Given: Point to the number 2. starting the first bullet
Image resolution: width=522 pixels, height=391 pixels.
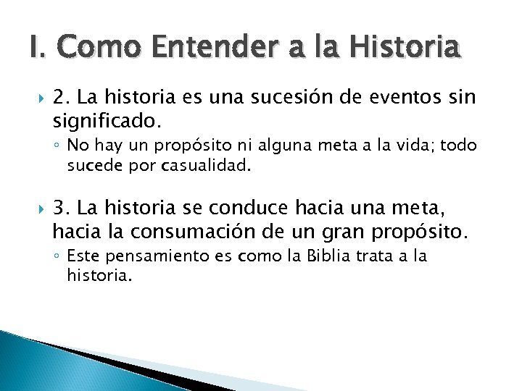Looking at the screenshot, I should tap(62, 97).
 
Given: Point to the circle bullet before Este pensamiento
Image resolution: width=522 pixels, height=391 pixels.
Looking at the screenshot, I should tap(58, 256).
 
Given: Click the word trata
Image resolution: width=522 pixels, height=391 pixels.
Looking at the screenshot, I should tap(394, 256).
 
